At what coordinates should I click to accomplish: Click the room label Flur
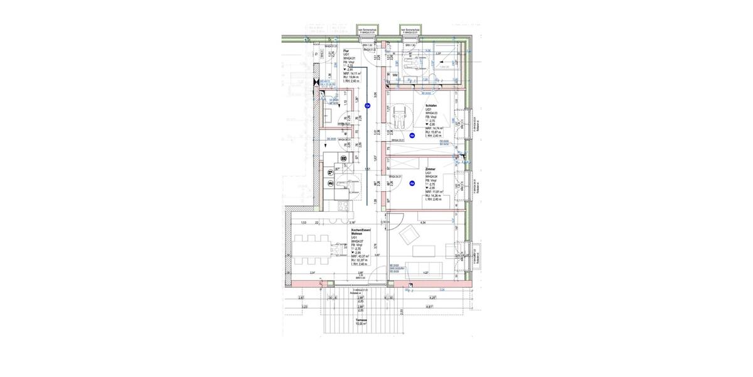355,51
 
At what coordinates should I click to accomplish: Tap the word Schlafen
430,106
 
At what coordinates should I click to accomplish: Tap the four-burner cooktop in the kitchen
343,205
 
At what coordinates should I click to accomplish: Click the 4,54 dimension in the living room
422,222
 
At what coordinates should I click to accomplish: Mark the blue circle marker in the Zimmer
412,183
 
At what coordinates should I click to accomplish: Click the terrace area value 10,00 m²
360,324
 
